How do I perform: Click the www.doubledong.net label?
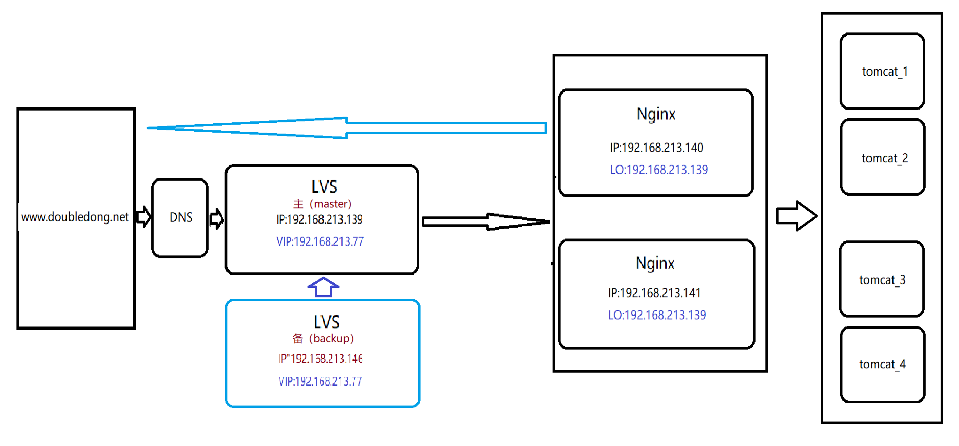click(x=75, y=217)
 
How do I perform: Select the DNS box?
click(x=180, y=217)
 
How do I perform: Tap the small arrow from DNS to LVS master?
click(x=217, y=219)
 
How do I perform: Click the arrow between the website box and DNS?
click(x=144, y=217)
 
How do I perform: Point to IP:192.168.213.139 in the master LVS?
click(x=320, y=220)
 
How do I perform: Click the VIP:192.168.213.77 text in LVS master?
click(x=320, y=242)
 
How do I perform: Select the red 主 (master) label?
click(x=322, y=204)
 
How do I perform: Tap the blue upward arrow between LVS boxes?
click(x=323, y=287)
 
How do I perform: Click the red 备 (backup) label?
click(x=323, y=338)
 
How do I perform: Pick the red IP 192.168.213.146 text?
click(x=320, y=358)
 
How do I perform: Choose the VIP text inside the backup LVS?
click(x=320, y=382)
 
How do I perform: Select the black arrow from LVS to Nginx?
click(x=486, y=222)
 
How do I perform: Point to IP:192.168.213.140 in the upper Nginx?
click(x=656, y=148)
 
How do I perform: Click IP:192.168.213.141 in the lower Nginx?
click(x=654, y=293)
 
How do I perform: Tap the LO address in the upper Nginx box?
click(x=659, y=170)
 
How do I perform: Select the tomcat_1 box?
click(x=882, y=72)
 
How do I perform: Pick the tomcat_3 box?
click(x=882, y=279)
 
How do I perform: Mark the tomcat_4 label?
click(x=882, y=365)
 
